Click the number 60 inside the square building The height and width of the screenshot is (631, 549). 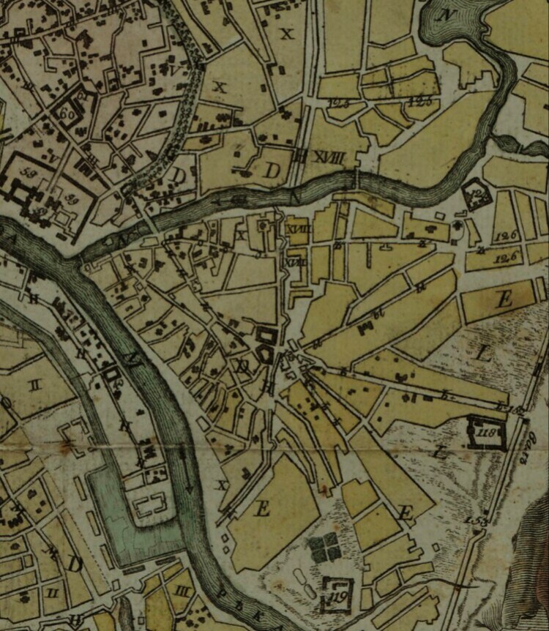[67, 113]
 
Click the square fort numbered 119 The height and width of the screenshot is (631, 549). [336, 594]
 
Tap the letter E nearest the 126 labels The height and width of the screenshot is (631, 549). [504, 299]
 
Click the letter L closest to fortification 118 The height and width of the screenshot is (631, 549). [440, 452]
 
